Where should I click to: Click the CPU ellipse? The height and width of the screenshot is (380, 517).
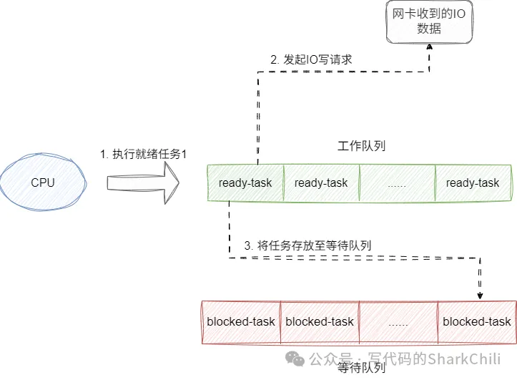click(42, 183)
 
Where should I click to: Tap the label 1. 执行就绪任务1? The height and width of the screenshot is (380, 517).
click(143, 154)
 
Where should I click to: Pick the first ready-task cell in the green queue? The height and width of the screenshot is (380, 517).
click(245, 183)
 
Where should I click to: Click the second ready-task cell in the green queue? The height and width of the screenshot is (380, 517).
click(321, 183)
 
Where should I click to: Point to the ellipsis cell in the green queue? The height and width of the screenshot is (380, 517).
click(397, 183)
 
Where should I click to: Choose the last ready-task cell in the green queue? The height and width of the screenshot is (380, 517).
click(473, 183)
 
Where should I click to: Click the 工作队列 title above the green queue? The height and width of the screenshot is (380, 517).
click(361, 147)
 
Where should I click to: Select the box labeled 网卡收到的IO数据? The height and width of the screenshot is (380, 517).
click(429, 22)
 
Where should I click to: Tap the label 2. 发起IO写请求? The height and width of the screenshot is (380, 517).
click(311, 60)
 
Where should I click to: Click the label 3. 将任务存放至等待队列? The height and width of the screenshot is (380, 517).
click(308, 245)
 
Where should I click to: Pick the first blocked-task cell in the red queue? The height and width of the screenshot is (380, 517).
click(241, 321)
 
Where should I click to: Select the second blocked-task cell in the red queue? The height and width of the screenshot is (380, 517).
click(320, 321)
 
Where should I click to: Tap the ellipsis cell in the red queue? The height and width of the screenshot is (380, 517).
click(398, 321)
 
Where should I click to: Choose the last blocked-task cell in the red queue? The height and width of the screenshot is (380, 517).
click(477, 321)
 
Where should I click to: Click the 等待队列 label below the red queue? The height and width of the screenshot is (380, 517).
click(361, 369)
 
